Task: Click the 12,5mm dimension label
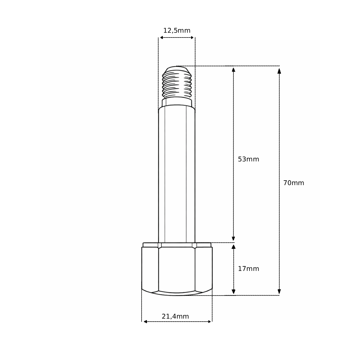click(x=177, y=31)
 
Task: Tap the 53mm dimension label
click(x=248, y=159)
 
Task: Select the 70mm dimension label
click(x=294, y=183)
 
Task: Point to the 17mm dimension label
click(x=248, y=269)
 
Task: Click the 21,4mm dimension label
click(x=175, y=316)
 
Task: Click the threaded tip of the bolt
click(x=177, y=82)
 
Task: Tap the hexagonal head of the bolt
click(x=177, y=271)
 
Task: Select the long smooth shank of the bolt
click(x=177, y=175)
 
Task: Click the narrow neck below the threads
click(x=177, y=102)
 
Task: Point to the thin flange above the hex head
click(x=177, y=245)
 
